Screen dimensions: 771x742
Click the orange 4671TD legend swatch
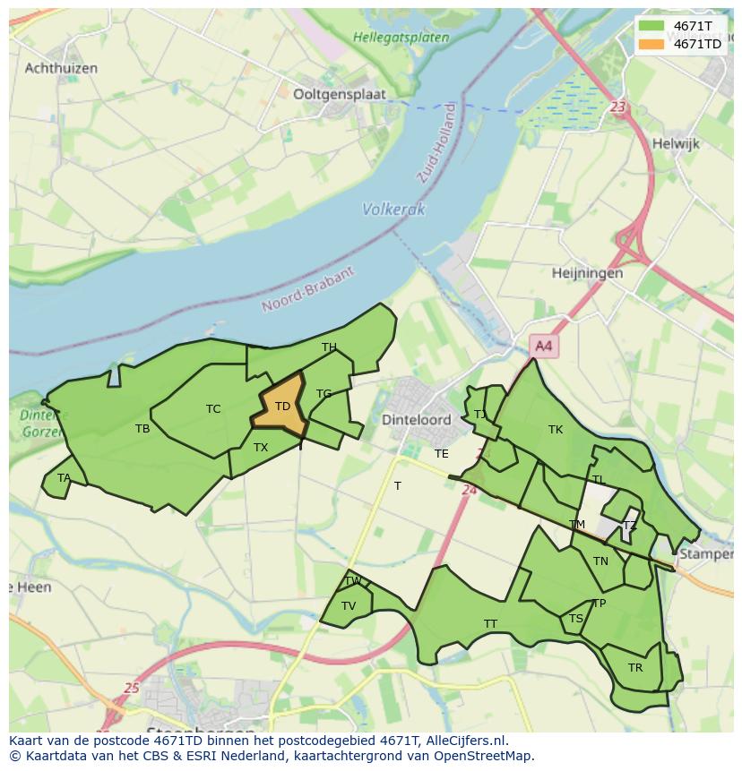651,44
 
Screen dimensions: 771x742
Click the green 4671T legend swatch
651,26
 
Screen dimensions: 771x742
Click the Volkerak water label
393,210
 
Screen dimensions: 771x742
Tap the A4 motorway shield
543,346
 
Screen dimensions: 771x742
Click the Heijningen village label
587,273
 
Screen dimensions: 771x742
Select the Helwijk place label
676,143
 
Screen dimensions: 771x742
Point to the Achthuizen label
61,68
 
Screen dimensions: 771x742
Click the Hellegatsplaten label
401,38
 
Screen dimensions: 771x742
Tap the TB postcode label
142,429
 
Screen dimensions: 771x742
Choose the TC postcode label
213,409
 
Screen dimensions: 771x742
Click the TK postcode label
556,430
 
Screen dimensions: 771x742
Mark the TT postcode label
490,623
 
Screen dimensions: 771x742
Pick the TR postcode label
635,668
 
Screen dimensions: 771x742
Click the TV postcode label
349,606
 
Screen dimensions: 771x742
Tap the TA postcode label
64,478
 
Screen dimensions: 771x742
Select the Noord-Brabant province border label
308,289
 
